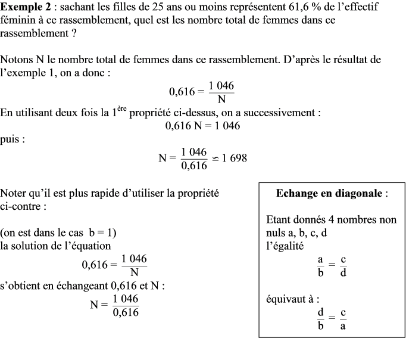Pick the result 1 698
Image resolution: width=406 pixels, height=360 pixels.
[x=234, y=158]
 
